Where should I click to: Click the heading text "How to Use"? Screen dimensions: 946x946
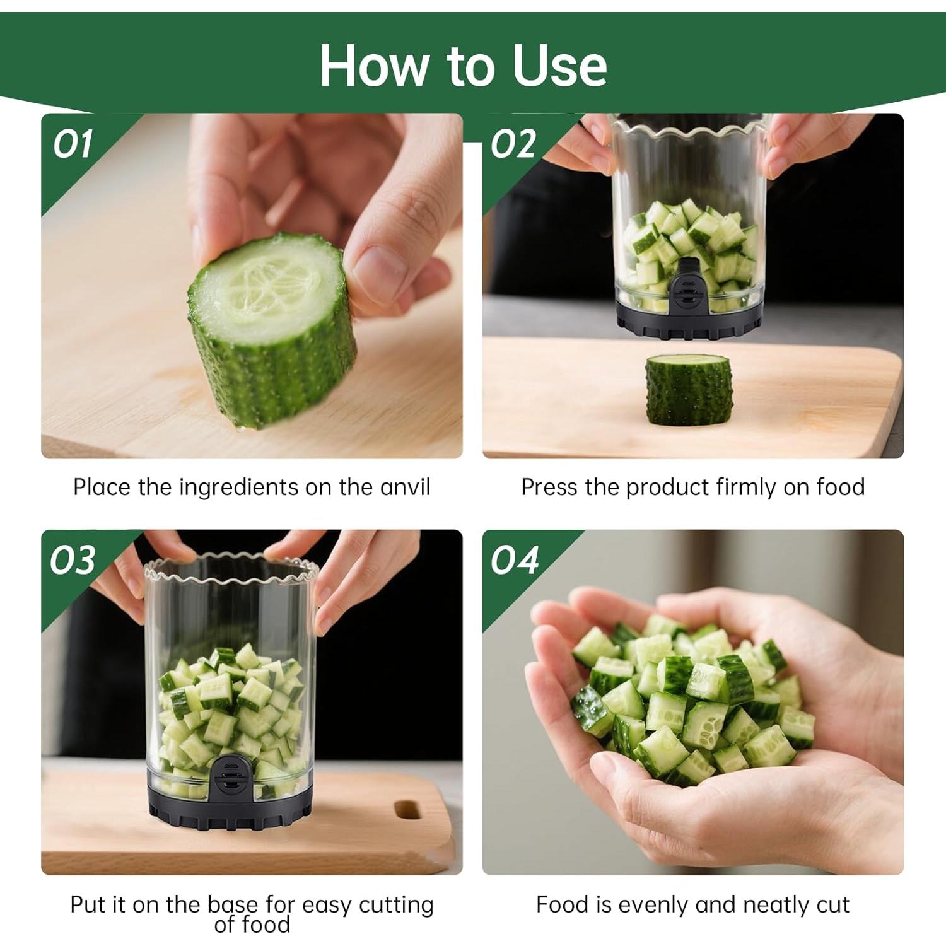463,66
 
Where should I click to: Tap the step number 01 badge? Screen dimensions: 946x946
73,144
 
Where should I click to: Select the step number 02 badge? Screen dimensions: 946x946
513,144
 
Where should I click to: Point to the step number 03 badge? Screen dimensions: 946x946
73,560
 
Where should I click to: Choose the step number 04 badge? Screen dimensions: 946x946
515,560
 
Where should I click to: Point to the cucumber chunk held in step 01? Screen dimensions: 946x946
271,334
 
